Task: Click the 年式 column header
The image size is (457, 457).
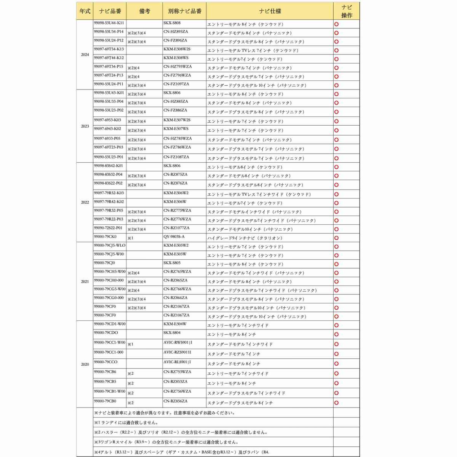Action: (85, 11)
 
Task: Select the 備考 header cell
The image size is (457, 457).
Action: (145, 11)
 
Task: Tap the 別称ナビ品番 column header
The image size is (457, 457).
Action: (185, 11)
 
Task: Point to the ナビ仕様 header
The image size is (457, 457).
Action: (270, 11)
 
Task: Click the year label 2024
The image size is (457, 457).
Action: (85, 54)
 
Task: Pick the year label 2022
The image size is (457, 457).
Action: (85, 202)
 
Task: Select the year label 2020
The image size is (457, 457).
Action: (85, 364)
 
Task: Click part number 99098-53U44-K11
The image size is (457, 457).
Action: (109, 23)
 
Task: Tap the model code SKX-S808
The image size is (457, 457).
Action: (172, 23)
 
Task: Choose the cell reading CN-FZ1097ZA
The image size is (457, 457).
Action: (176, 84)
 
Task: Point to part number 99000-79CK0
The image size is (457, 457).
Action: (105, 237)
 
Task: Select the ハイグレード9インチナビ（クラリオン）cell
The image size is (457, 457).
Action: (245, 238)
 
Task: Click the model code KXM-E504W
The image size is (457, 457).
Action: (175, 324)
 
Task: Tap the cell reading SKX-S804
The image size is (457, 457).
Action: (172, 333)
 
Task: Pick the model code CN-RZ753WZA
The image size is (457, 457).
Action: (177, 372)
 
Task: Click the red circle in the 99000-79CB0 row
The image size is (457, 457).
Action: (336, 403)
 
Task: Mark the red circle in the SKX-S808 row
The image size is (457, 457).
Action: (336, 24)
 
